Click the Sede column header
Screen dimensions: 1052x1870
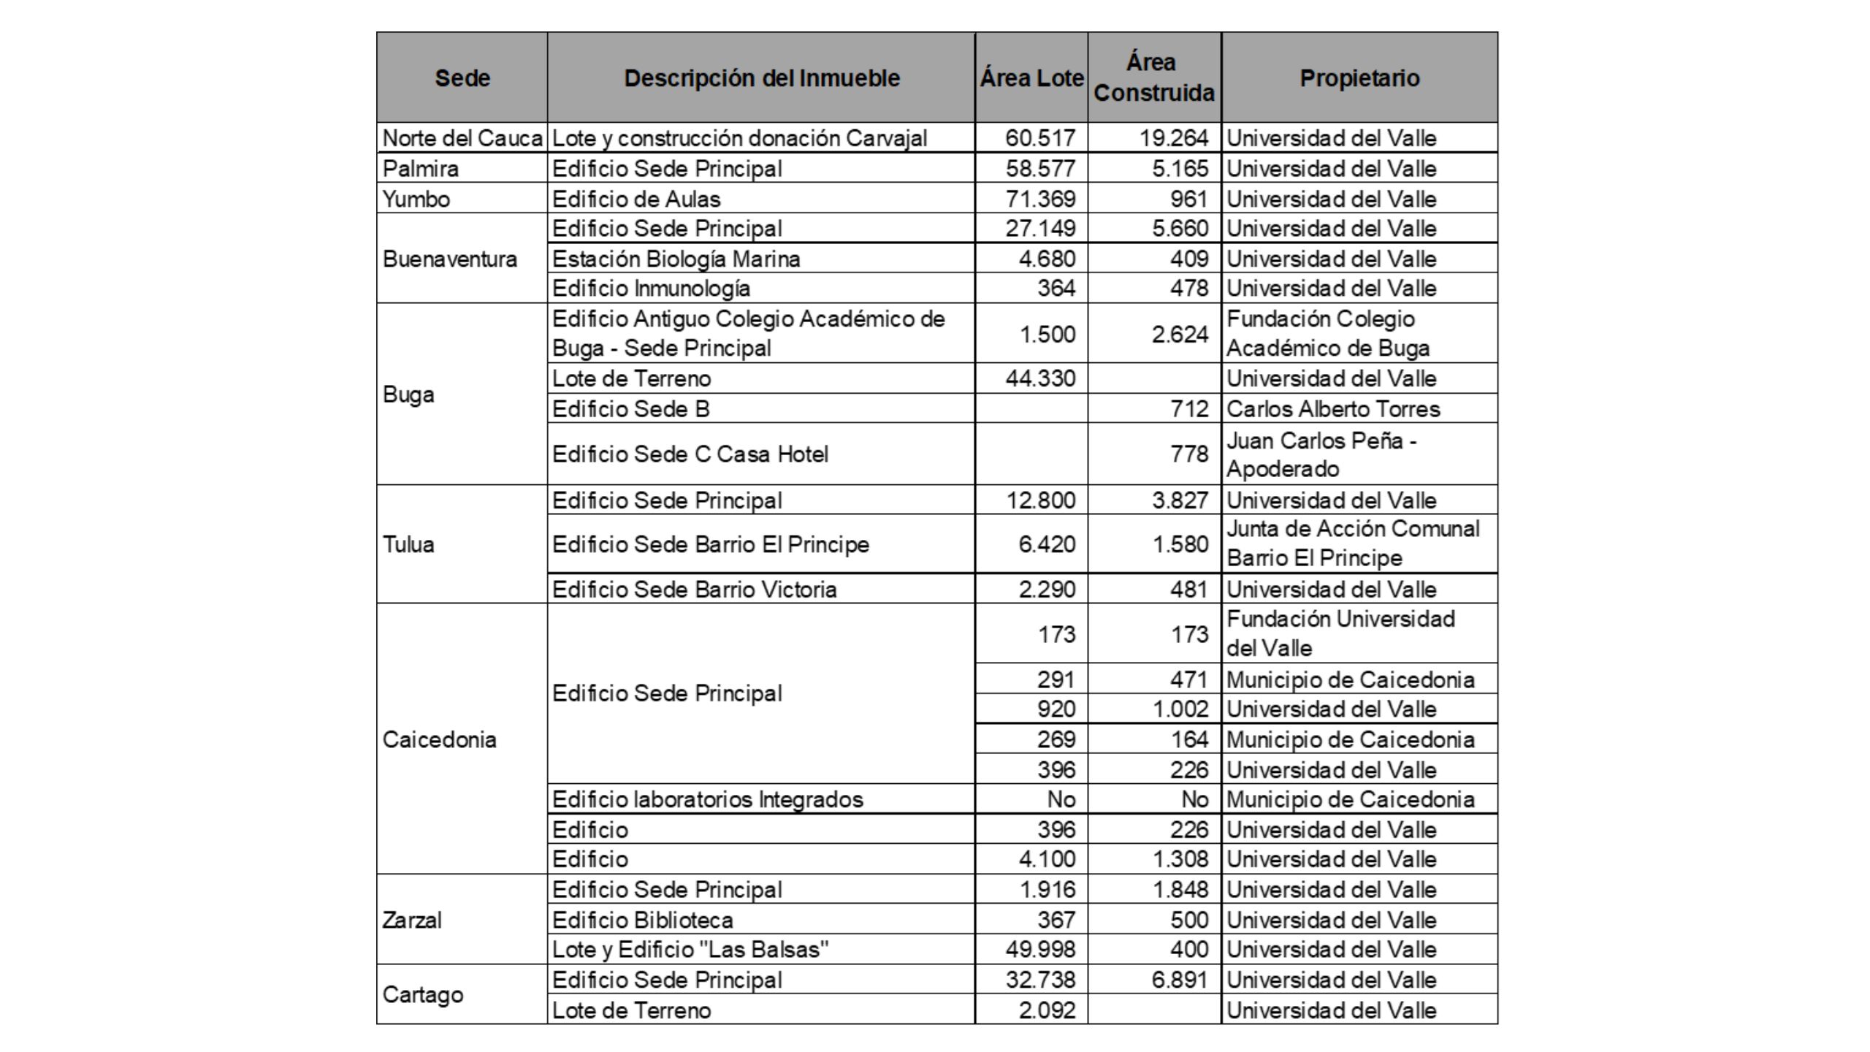[462, 78]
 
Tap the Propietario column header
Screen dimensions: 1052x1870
[1359, 78]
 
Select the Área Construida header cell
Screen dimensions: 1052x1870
[1153, 77]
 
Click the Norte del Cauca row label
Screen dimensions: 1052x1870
[462, 138]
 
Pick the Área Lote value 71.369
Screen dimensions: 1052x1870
[1040, 199]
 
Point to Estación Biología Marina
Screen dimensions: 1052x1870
[676, 259]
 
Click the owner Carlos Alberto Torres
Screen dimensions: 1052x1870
[1333, 408]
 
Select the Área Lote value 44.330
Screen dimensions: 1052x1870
[1040, 378]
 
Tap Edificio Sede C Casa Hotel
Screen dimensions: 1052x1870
[690, 454]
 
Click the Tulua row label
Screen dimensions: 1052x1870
[408, 544]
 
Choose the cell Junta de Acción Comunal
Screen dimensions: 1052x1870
[1353, 543]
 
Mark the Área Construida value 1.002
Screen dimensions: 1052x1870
[1180, 709]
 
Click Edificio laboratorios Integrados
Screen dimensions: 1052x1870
[707, 799]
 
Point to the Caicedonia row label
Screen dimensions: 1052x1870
[439, 739]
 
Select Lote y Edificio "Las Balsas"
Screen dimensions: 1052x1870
[690, 949]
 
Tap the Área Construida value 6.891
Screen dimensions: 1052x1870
[1180, 980]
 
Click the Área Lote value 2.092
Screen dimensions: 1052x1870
[1047, 1010]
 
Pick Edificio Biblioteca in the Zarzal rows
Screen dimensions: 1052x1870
[642, 920]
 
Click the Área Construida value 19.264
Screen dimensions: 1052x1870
[1174, 138]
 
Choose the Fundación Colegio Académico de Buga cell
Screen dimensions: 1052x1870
[1327, 333]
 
